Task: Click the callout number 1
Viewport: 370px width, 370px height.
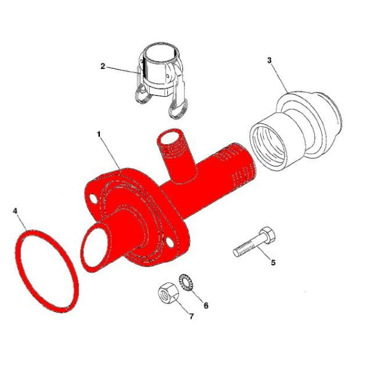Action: [x=99, y=134]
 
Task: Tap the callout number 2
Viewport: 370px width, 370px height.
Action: [x=102, y=67]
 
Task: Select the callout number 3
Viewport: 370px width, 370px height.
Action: [x=269, y=60]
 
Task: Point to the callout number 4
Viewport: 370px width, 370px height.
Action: [x=15, y=211]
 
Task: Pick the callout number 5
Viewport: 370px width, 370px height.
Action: [x=273, y=262]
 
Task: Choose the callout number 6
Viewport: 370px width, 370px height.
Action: [x=206, y=306]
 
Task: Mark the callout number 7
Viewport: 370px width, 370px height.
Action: [x=191, y=316]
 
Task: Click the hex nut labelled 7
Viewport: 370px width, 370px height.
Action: [x=168, y=292]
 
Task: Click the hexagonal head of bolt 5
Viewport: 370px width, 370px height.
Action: [x=268, y=235]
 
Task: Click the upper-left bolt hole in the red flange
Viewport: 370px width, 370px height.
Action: [x=94, y=199]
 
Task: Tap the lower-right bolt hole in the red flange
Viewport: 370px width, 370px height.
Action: [x=170, y=242]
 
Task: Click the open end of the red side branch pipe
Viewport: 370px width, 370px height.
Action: [x=169, y=138]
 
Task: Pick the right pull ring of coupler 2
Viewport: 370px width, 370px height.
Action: [x=178, y=109]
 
